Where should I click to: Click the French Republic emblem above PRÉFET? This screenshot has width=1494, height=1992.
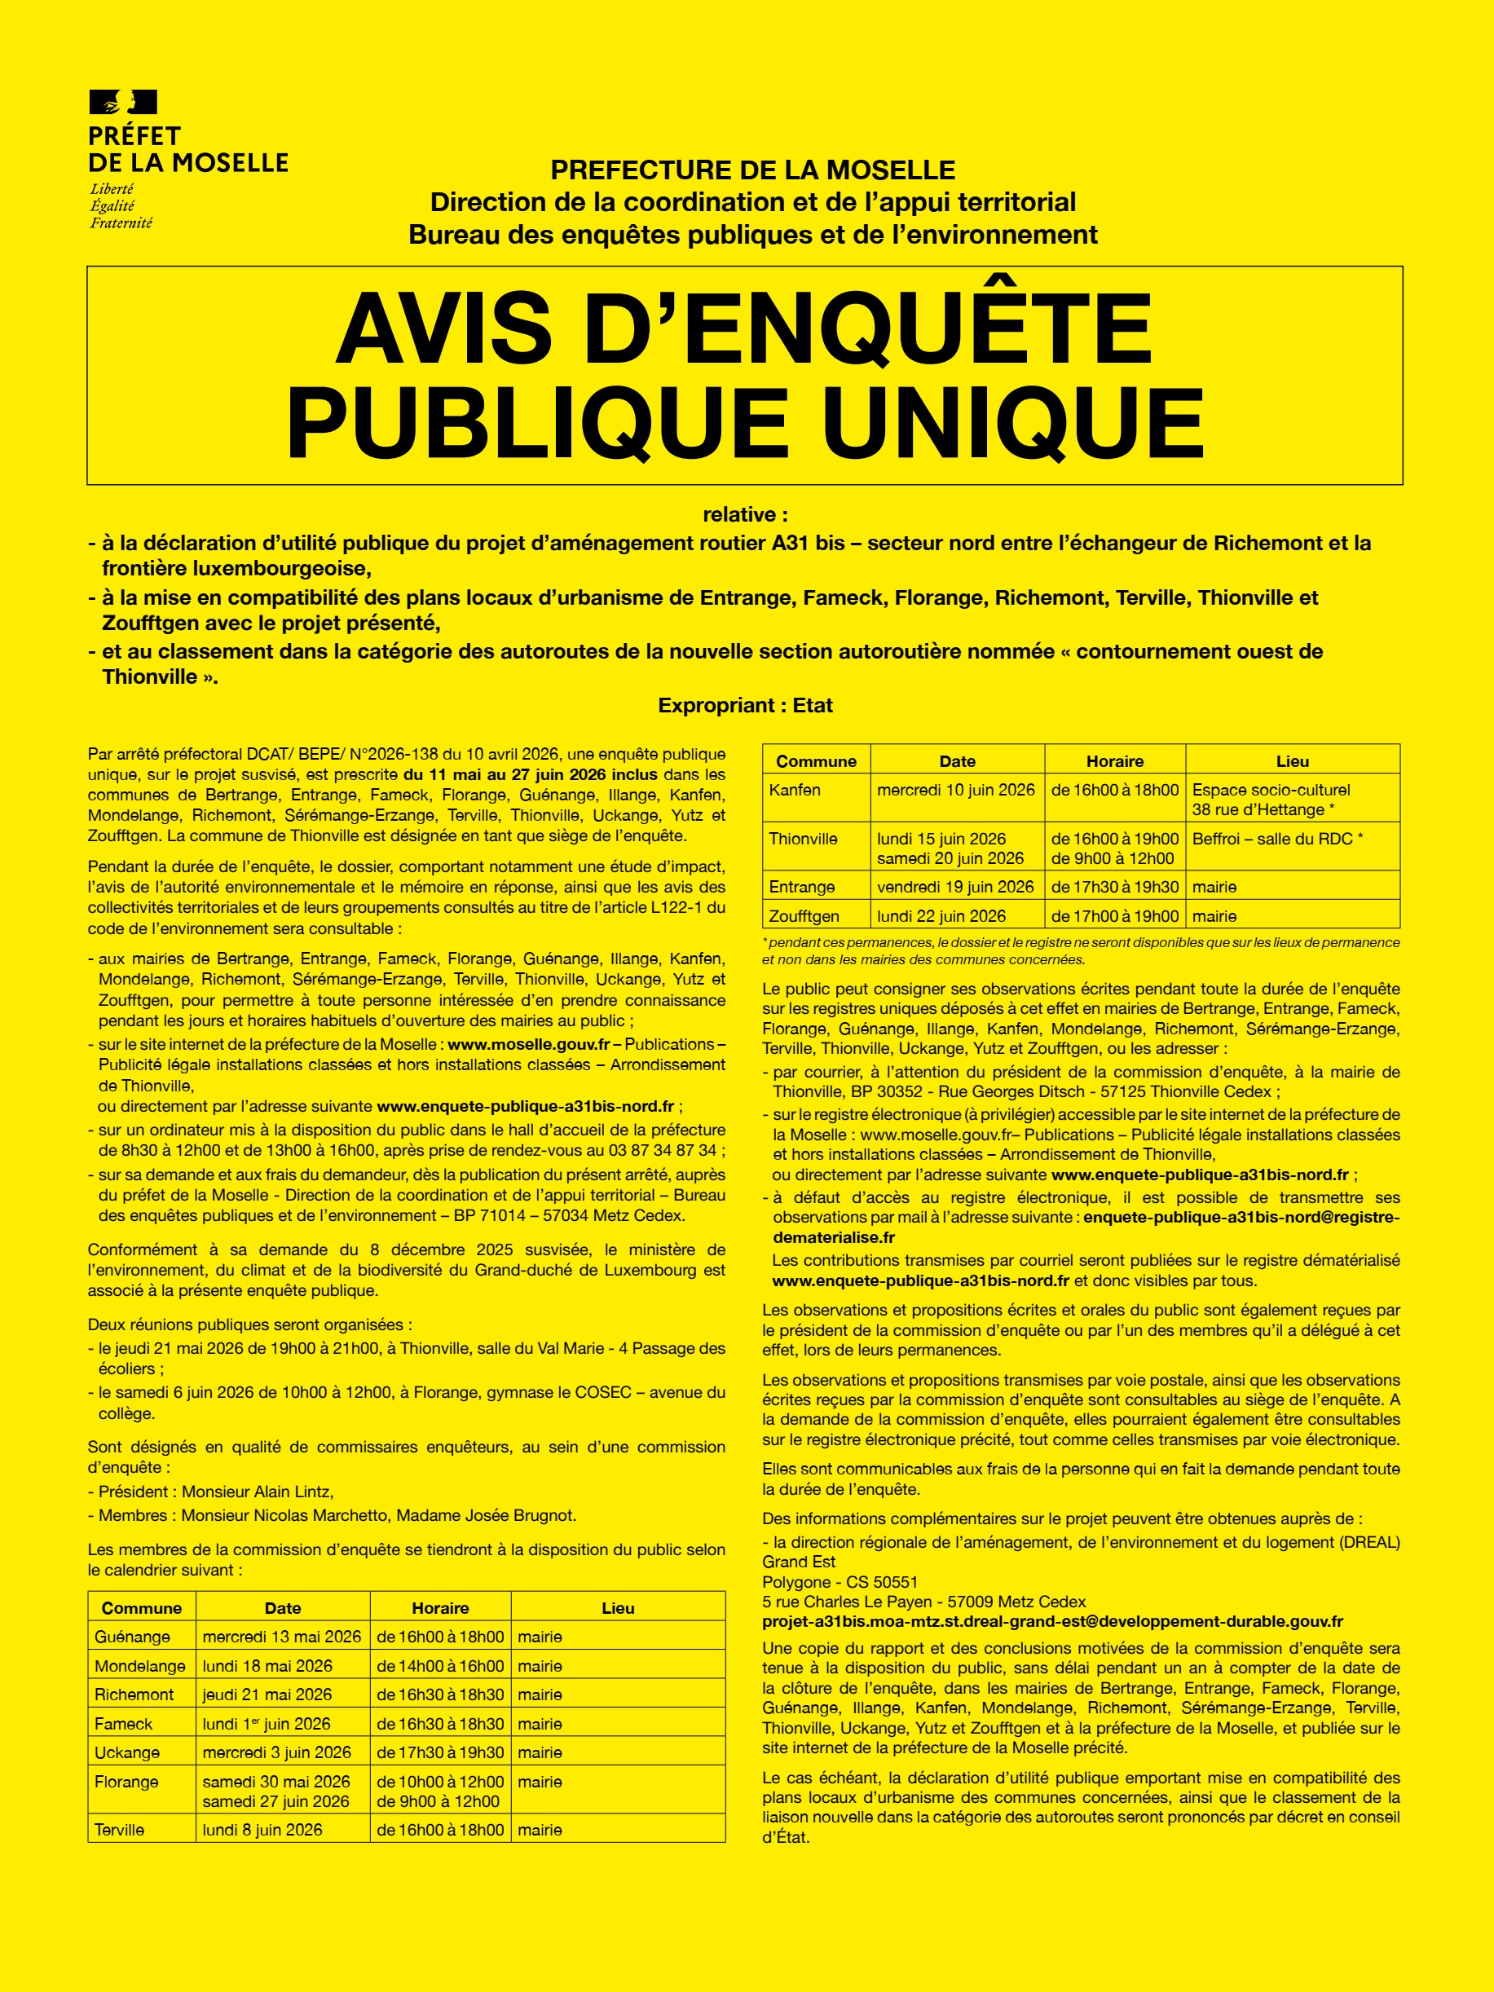(123, 102)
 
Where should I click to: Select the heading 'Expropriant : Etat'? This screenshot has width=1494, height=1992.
(745, 705)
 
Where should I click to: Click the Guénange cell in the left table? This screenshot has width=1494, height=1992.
(132, 1637)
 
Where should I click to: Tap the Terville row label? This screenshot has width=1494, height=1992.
(120, 1829)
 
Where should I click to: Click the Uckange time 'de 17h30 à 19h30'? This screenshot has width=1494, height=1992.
(439, 1752)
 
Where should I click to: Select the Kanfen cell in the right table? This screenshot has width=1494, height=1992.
(795, 790)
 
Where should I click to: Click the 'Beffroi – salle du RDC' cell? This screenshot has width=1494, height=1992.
(1277, 839)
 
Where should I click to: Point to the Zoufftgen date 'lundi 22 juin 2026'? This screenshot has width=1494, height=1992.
(941, 916)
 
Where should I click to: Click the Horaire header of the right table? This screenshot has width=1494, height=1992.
(1114, 761)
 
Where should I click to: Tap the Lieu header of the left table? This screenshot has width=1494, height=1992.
(618, 1607)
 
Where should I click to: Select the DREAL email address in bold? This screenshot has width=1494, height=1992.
(1052, 1621)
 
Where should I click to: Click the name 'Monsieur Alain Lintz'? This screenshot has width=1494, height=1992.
(258, 1492)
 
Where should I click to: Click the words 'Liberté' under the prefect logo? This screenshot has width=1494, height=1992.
(112, 189)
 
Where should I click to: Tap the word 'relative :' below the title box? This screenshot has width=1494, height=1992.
(745, 514)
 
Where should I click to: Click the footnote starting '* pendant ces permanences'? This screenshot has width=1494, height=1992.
(1080, 950)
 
